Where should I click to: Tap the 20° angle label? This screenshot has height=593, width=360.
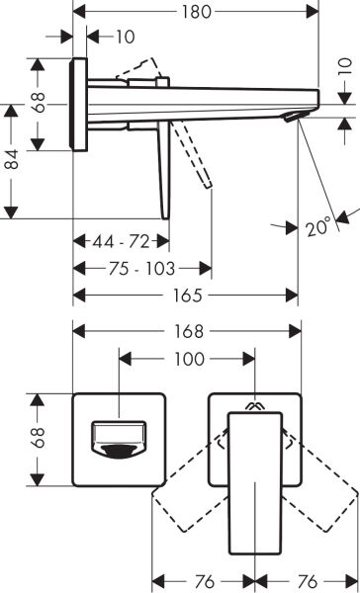[317, 228]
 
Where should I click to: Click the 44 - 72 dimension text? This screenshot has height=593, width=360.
[121, 240]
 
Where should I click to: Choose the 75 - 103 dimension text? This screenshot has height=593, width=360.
[141, 268]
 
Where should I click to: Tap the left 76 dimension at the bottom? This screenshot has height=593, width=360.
[203, 580]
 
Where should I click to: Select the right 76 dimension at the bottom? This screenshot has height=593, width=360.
[308, 580]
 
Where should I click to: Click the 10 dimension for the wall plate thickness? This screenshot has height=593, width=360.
[124, 38]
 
